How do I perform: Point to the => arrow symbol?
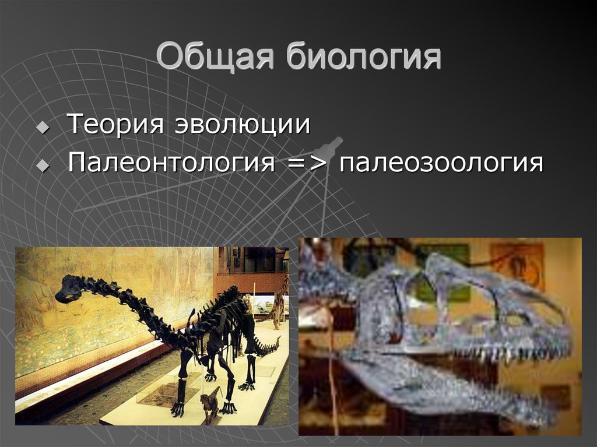tap(307, 163)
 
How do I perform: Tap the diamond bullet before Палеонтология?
tap(42, 166)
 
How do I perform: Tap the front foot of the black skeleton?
tap(177, 411)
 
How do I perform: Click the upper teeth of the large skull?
tap(513, 353)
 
